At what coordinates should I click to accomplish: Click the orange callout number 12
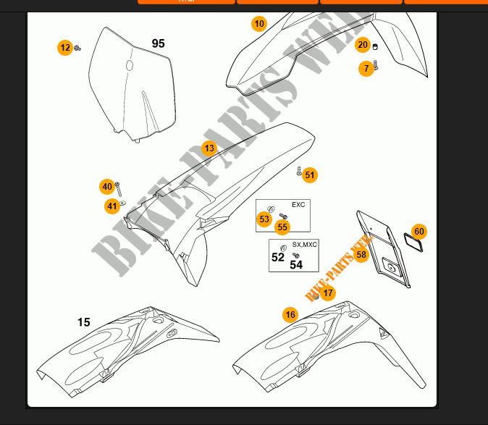[65, 48]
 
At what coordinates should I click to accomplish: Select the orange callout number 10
[259, 24]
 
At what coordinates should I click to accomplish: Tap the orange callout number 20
[363, 45]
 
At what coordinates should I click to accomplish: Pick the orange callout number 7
[366, 68]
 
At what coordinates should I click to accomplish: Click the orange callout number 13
[209, 148]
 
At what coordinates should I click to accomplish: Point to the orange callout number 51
[310, 174]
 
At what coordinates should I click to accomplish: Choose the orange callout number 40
[107, 187]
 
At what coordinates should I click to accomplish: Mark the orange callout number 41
[112, 206]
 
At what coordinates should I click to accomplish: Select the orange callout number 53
[264, 219]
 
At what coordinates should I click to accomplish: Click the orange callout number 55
[282, 227]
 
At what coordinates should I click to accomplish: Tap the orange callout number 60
[419, 232]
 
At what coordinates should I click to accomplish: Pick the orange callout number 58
[361, 254]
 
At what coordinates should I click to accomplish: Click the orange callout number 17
[329, 293]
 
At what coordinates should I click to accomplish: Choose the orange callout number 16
[290, 314]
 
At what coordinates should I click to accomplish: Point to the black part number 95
[158, 43]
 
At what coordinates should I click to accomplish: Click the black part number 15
[84, 322]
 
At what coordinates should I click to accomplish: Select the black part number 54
[296, 265]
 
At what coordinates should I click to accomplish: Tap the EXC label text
[298, 205]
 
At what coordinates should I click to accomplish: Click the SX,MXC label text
[304, 245]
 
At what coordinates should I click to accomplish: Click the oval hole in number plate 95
[130, 67]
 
